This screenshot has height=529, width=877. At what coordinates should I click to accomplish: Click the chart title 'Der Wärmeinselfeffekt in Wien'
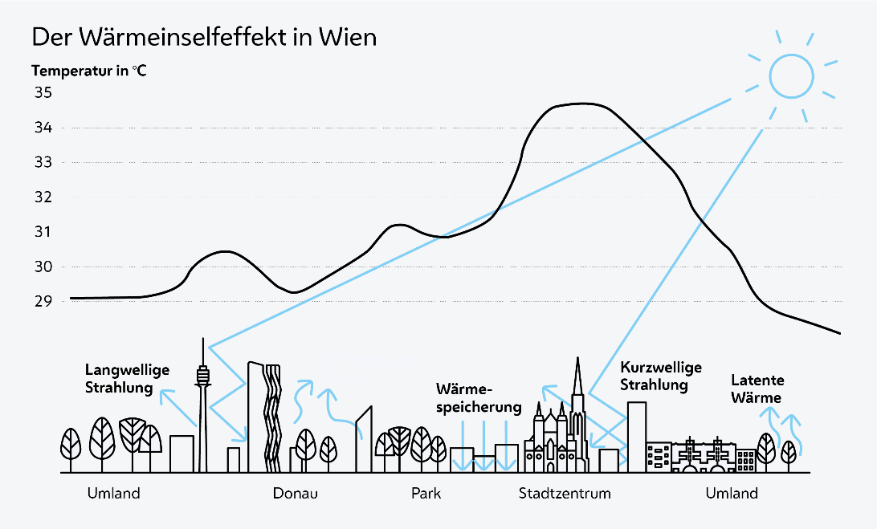click(x=203, y=38)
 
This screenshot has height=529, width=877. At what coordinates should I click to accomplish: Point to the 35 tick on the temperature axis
click(x=43, y=93)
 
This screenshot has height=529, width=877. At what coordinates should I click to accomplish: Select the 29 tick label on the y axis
click(x=43, y=302)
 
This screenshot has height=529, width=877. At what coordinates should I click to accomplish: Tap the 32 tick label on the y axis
click(x=43, y=197)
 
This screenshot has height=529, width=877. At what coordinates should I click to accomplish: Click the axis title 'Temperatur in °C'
click(x=89, y=71)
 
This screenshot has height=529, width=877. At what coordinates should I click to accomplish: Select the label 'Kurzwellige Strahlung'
click(x=661, y=376)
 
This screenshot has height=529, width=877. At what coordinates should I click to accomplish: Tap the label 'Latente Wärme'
click(x=757, y=389)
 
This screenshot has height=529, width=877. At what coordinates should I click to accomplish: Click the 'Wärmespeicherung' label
click(x=479, y=398)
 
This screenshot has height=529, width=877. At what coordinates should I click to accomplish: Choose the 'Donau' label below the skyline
click(x=296, y=493)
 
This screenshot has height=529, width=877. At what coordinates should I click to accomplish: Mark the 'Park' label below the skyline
click(x=426, y=493)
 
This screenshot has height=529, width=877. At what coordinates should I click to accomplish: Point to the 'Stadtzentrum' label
click(x=565, y=493)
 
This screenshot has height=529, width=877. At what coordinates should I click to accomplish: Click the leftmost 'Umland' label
click(x=113, y=493)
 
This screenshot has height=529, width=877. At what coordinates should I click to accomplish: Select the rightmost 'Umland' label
click(x=732, y=493)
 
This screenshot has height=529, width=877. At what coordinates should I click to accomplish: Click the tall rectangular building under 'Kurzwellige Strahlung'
click(x=636, y=433)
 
